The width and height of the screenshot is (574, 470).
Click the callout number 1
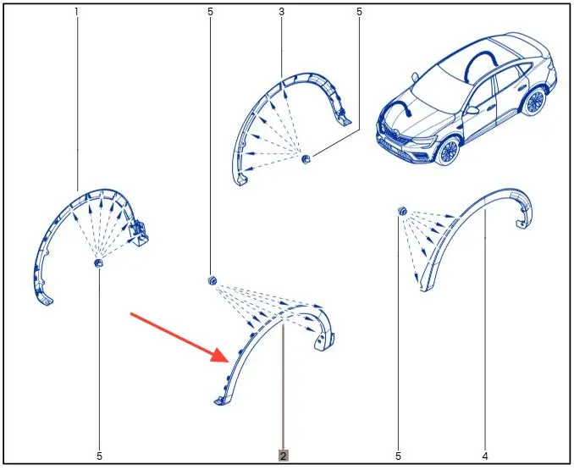pyautogui.click(x=76, y=12)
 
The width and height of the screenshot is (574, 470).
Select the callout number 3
pyautogui.click(x=282, y=12)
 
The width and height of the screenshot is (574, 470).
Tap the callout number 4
pyautogui.click(x=485, y=456)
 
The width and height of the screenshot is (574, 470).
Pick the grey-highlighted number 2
pyautogui.click(x=284, y=456)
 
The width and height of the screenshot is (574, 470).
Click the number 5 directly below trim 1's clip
pyautogui.click(x=99, y=456)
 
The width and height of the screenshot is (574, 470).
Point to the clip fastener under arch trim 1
pyautogui.click(x=99, y=263)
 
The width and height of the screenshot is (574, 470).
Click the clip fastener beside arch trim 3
pyautogui.click(x=306, y=159)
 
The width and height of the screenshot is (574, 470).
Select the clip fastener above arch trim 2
pyautogui.click(x=212, y=281)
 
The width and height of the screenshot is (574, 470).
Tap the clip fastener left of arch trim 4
pyautogui.click(x=402, y=211)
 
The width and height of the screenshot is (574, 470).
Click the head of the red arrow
pyautogui.click(x=220, y=355)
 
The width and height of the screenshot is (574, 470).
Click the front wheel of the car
pyautogui.click(x=448, y=151)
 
